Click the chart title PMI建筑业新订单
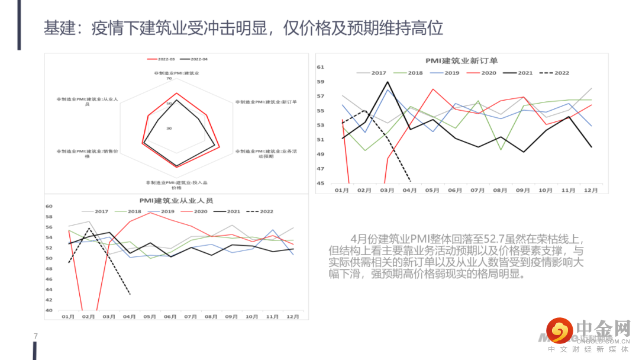461,60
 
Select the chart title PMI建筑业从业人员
176,201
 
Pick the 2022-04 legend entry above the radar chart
198,59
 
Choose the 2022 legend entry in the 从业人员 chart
260,211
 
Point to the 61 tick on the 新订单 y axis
321,67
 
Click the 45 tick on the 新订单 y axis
321,184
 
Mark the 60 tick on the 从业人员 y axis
50,206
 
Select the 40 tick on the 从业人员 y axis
50,310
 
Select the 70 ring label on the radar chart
169,78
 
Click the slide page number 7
35,336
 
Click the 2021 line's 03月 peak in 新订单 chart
388,82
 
